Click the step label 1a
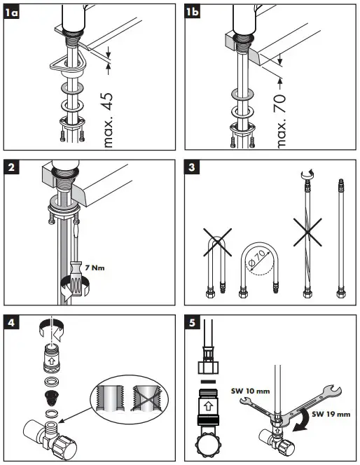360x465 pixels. coord(11,13)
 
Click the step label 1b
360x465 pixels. coord(192,12)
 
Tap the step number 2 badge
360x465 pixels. coord(11,167)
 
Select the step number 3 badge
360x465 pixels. coord(192,167)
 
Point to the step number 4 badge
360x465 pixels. coord(11,322)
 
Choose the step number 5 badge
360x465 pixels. coord(192,322)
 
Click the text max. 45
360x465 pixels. coord(109,120)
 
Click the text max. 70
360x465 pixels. coord(280,122)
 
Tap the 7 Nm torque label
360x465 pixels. coord(95,268)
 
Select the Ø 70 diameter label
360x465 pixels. coord(257,259)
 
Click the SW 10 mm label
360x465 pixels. coord(250,391)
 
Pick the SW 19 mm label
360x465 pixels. coord(331,415)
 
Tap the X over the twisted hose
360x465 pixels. coord(307,233)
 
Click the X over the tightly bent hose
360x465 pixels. coord(217,242)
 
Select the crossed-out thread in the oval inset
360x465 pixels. coord(146,398)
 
